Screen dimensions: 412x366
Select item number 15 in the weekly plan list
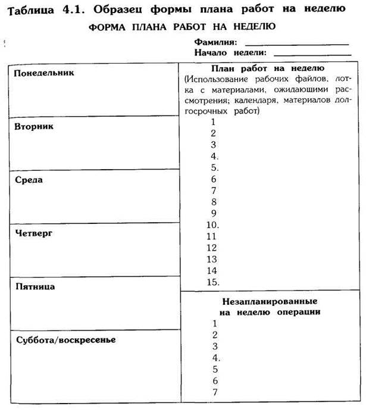[214, 282]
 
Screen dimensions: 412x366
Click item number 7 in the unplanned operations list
[215, 391]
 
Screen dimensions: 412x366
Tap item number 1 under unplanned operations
[214, 323]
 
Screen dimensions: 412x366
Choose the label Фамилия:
[215, 43]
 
